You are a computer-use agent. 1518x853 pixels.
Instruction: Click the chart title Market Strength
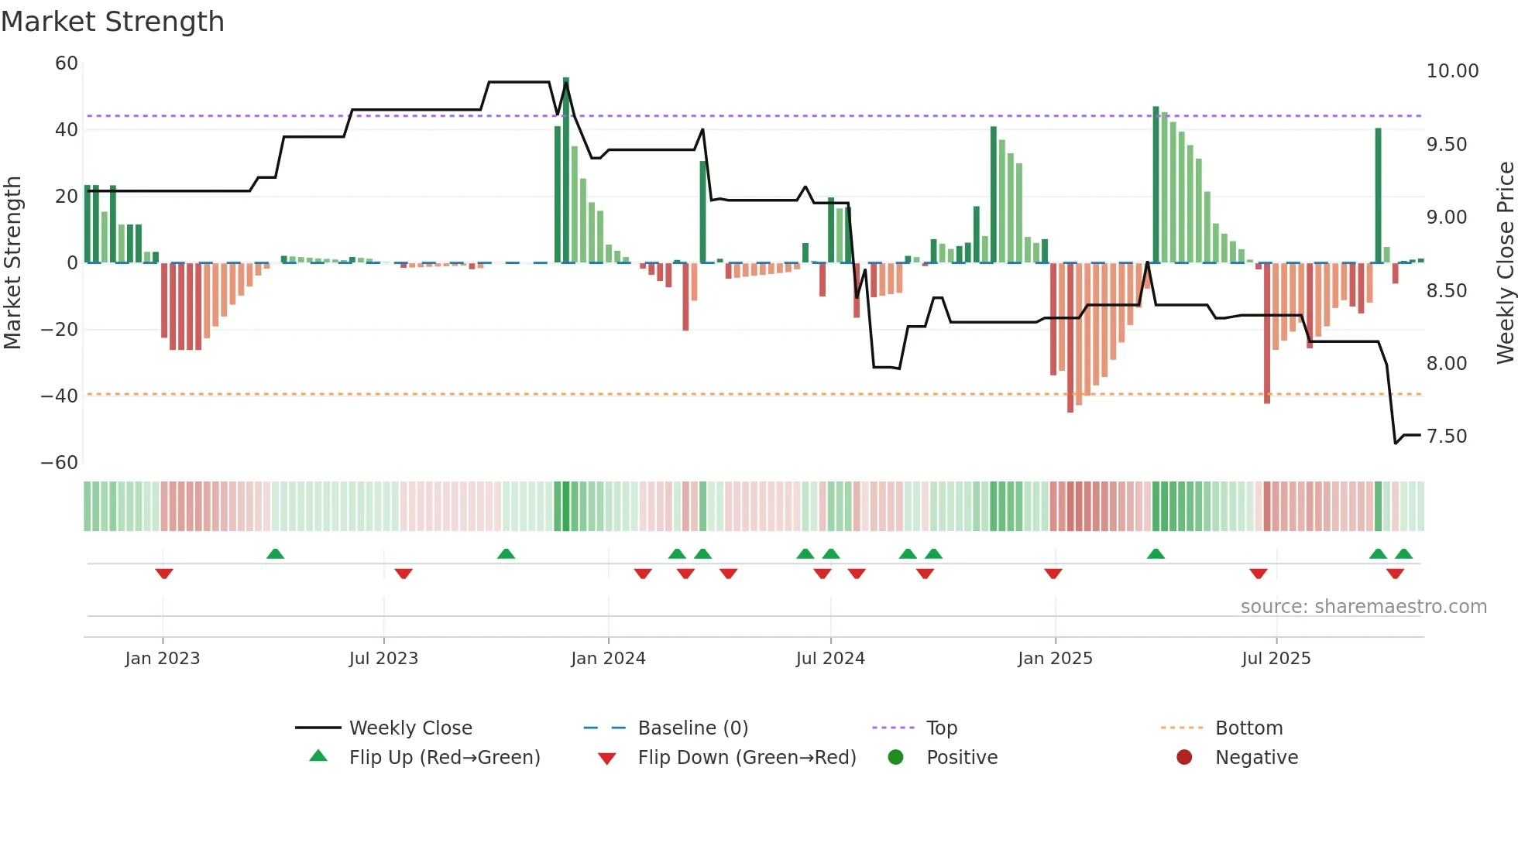click(112, 22)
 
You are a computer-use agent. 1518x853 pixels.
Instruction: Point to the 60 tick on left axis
click(67, 63)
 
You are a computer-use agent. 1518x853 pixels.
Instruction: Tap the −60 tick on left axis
click(60, 463)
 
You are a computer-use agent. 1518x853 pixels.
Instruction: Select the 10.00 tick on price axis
click(1452, 71)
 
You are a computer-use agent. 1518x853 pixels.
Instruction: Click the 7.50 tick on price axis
click(1446, 437)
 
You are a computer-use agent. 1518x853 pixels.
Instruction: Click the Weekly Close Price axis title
click(1505, 263)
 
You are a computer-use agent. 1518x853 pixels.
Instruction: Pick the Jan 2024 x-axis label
click(608, 659)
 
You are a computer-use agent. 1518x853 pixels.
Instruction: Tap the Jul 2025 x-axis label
click(1276, 659)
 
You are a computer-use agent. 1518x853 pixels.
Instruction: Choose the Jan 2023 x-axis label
click(163, 659)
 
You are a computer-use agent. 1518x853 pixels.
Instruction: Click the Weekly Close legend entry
click(410, 728)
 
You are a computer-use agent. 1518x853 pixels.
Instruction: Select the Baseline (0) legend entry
click(692, 728)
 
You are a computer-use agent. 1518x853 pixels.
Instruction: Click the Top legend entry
click(941, 728)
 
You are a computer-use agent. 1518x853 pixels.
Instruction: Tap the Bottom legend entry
click(1248, 728)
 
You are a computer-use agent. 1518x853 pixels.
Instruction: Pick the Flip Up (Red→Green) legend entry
click(444, 758)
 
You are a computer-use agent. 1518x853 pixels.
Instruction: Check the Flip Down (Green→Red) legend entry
click(746, 758)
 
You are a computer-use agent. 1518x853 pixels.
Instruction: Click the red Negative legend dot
click(1184, 758)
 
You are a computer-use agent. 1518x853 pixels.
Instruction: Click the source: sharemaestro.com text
click(1363, 607)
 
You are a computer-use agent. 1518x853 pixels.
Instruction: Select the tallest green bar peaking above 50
click(566, 170)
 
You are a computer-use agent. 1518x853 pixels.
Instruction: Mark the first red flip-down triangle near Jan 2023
click(164, 574)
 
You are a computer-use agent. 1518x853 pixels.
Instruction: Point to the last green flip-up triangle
click(1403, 554)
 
